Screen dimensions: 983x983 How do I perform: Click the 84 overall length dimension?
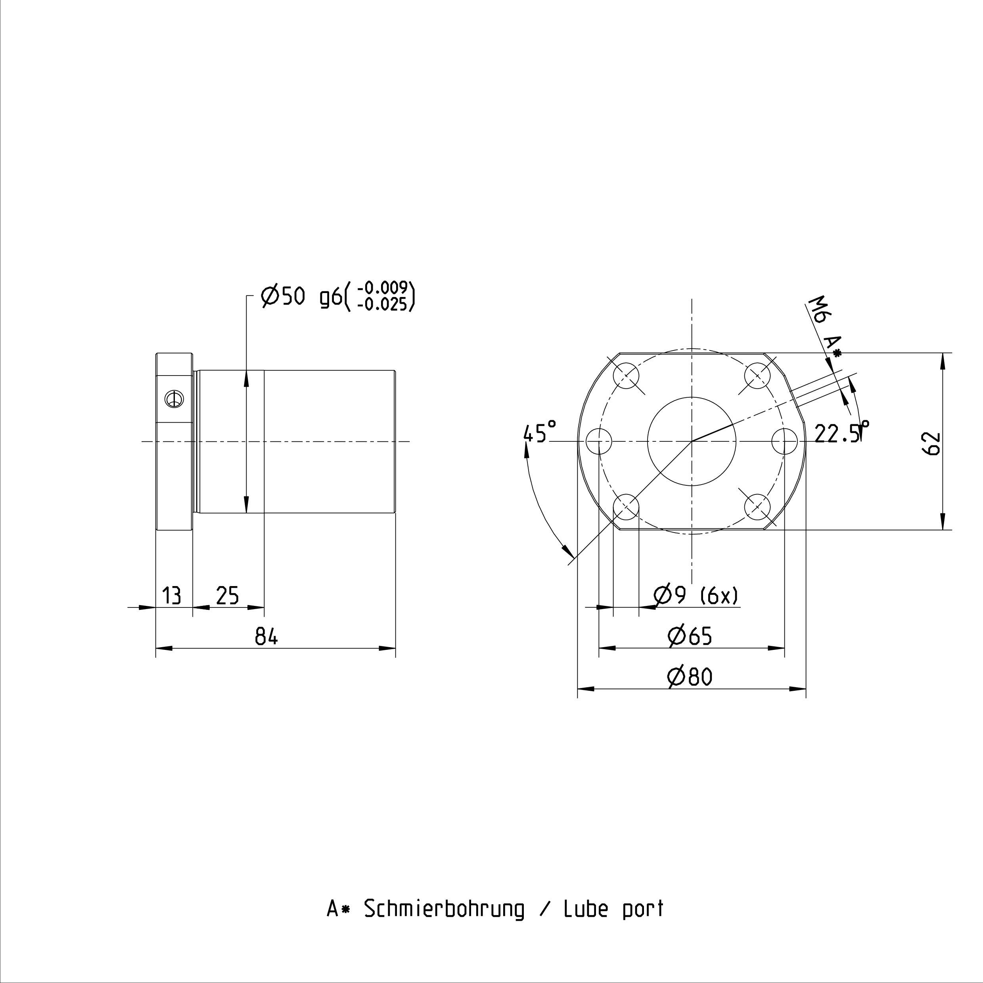[x=266, y=636]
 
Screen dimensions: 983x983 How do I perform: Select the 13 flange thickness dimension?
[x=171, y=595]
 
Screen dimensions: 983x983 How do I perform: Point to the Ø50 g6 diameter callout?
[x=302, y=296]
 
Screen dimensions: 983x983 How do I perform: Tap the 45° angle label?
[x=540, y=433]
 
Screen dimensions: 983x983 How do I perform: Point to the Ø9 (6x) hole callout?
[x=696, y=595]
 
